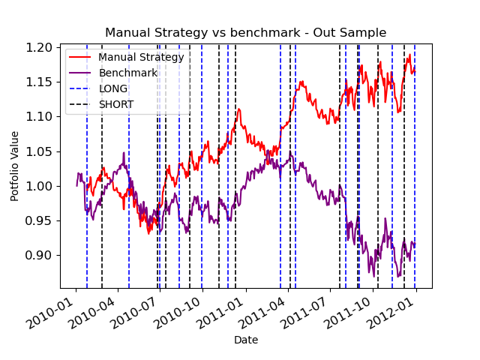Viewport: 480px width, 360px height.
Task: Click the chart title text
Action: pos(245,32)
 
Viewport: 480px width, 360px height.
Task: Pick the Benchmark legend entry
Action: pos(113,73)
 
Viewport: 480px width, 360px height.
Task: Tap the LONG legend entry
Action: pos(98,88)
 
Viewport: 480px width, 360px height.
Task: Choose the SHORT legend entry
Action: pos(102,105)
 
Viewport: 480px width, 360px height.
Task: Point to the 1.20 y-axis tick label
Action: pos(38,48)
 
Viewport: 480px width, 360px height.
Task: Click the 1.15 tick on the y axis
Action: pos(38,82)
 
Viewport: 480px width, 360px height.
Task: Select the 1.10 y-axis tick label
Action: pos(38,117)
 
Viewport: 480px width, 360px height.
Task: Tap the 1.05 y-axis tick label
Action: pos(38,151)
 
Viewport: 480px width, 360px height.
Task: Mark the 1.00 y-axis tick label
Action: pos(38,186)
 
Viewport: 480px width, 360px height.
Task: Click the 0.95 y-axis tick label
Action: pos(38,220)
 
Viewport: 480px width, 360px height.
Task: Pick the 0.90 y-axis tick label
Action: pos(38,255)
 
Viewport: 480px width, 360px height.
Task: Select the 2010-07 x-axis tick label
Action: pos(136,312)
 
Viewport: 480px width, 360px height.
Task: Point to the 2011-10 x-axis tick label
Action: pos(348,312)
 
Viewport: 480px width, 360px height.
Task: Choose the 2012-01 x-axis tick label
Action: pos(391,312)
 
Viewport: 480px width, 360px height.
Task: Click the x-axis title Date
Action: pos(246,340)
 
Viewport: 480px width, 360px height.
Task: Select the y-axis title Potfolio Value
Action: pos(14,166)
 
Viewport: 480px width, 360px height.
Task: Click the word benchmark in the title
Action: pos(265,32)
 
